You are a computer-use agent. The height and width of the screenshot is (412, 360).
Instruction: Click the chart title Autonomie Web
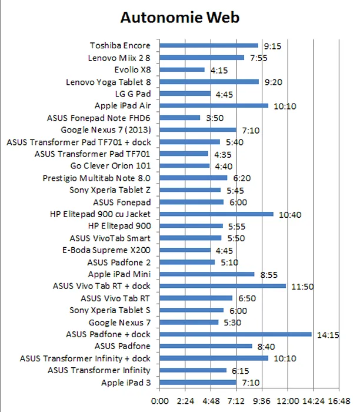179,18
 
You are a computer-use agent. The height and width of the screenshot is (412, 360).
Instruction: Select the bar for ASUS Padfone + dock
235,334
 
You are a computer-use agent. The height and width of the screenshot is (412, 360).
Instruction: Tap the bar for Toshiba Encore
209,45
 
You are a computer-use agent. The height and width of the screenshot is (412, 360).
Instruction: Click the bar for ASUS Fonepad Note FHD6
180,118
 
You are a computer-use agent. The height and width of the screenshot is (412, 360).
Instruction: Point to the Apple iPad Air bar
214,106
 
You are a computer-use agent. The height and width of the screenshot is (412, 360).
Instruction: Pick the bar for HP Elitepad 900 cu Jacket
216,214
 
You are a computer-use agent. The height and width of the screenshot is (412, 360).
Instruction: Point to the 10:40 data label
290,214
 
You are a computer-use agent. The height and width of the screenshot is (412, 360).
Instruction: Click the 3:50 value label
215,118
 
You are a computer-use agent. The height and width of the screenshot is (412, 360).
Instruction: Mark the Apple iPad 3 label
126,383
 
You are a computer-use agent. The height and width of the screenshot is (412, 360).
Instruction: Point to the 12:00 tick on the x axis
288,401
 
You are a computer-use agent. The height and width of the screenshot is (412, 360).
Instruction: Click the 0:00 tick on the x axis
160,401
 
